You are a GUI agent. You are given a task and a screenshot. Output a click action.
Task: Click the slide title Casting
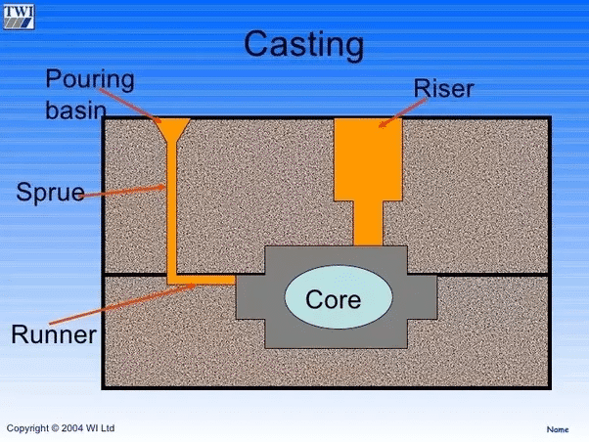coord(302,44)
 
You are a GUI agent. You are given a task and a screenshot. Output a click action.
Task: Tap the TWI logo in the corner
coord(19,15)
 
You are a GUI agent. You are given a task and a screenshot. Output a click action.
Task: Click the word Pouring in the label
coord(90,77)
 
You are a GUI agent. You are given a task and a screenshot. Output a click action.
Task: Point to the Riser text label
coord(442,89)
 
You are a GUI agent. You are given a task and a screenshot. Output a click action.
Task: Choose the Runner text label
coord(54,335)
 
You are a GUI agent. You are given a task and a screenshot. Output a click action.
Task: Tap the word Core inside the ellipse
coord(334,299)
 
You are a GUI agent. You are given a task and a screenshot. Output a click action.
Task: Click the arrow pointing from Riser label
coord(402,112)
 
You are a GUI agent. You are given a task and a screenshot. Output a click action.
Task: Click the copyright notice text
coord(61,427)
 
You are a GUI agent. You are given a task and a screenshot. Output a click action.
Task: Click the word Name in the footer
coord(557,429)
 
